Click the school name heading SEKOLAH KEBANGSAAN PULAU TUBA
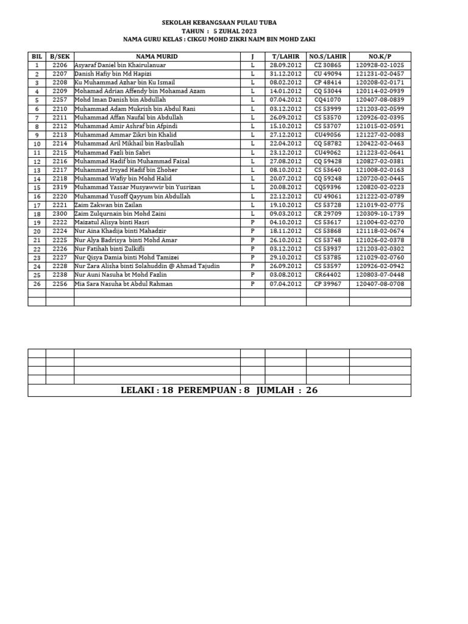tap(219, 23)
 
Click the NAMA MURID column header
tap(157, 56)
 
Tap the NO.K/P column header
tap(380, 56)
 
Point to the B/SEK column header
tap(60, 56)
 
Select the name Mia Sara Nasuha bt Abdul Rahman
tap(123, 284)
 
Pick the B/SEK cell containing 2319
tap(60, 188)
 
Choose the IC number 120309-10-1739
tap(380, 214)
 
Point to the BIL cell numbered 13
tap(37, 170)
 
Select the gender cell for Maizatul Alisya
tap(252, 223)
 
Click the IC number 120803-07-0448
tap(380, 275)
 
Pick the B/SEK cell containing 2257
tap(60, 100)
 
